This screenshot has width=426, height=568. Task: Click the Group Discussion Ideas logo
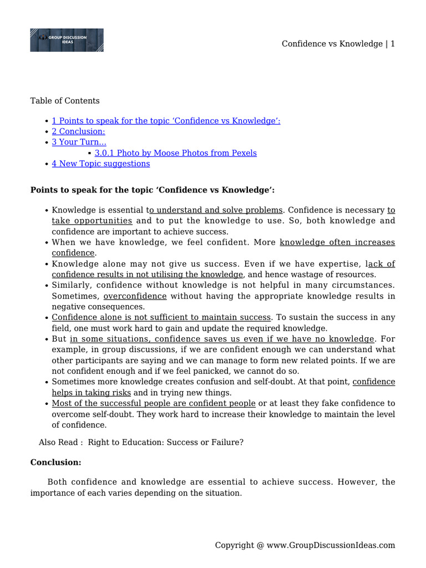[67, 40]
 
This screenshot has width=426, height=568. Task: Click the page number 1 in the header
[392, 44]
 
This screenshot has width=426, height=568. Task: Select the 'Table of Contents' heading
[65, 101]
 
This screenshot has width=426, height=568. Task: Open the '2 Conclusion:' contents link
[78, 131]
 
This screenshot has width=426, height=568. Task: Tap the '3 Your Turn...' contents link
[79, 142]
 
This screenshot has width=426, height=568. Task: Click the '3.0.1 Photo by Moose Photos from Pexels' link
[175, 153]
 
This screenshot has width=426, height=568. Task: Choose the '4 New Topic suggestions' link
[100, 164]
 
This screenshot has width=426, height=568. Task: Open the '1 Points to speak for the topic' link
[166, 121]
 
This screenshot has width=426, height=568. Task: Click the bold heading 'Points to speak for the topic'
[152, 190]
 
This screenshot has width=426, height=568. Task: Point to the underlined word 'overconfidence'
[135, 296]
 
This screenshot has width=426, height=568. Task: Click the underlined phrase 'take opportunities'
[92, 221]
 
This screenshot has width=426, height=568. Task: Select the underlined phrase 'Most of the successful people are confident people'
[154, 403]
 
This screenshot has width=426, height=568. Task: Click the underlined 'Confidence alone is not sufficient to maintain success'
[161, 317]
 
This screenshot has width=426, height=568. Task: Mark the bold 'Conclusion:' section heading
[55, 462]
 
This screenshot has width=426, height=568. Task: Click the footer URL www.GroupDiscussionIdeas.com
[331, 545]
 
